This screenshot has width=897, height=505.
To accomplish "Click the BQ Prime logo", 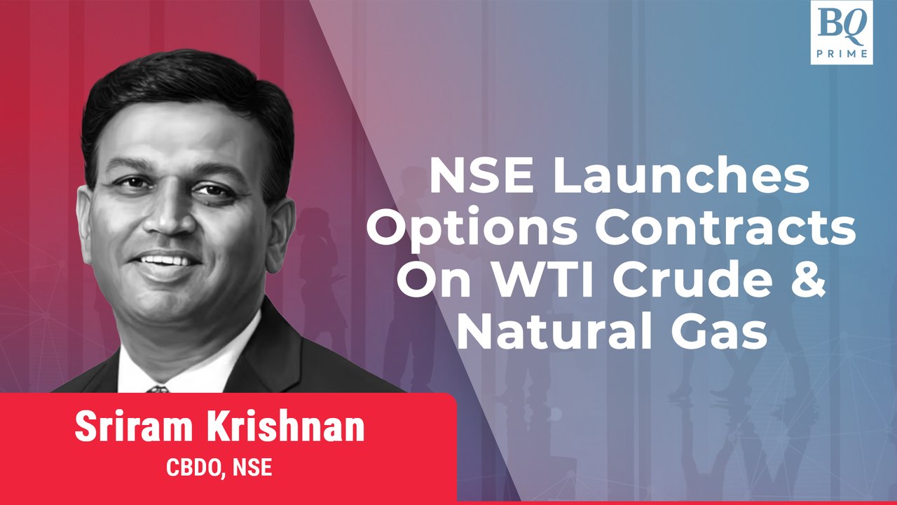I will click(841, 32).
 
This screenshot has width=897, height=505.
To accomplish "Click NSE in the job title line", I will click(252, 468).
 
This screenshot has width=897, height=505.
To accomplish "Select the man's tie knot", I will click(157, 389).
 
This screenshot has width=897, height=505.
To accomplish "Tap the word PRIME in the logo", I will click(841, 53).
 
